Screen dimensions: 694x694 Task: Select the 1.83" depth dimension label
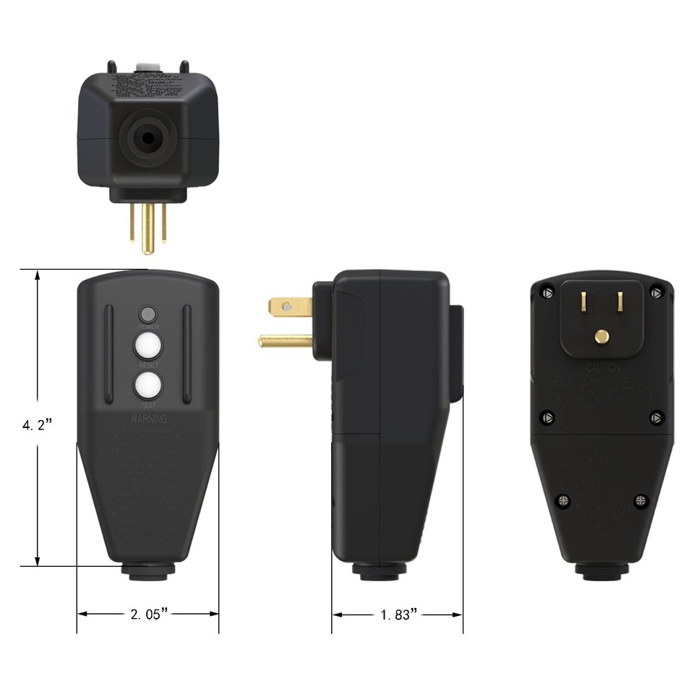tap(399, 614)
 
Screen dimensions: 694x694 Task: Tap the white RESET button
tap(148, 346)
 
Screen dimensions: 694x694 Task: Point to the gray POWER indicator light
tap(148, 314)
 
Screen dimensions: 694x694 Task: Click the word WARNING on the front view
tap(148, 419)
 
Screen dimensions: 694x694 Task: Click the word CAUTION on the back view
tap(603, 367)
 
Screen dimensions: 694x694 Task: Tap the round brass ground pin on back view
tap(601, 336)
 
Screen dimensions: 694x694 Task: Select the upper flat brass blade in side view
tap(291, 307)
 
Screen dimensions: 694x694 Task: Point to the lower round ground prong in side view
tap(286, 340)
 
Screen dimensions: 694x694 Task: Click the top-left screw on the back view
tap(548, 293)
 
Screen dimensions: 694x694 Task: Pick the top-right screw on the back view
tap(656, 293)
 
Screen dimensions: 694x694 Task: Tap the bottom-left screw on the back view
tap(563, 500)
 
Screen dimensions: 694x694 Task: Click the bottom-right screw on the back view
tap(641, 500)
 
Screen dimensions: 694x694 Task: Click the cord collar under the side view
tap(379, 571)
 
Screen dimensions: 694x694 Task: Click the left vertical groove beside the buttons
tap(108, 354)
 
